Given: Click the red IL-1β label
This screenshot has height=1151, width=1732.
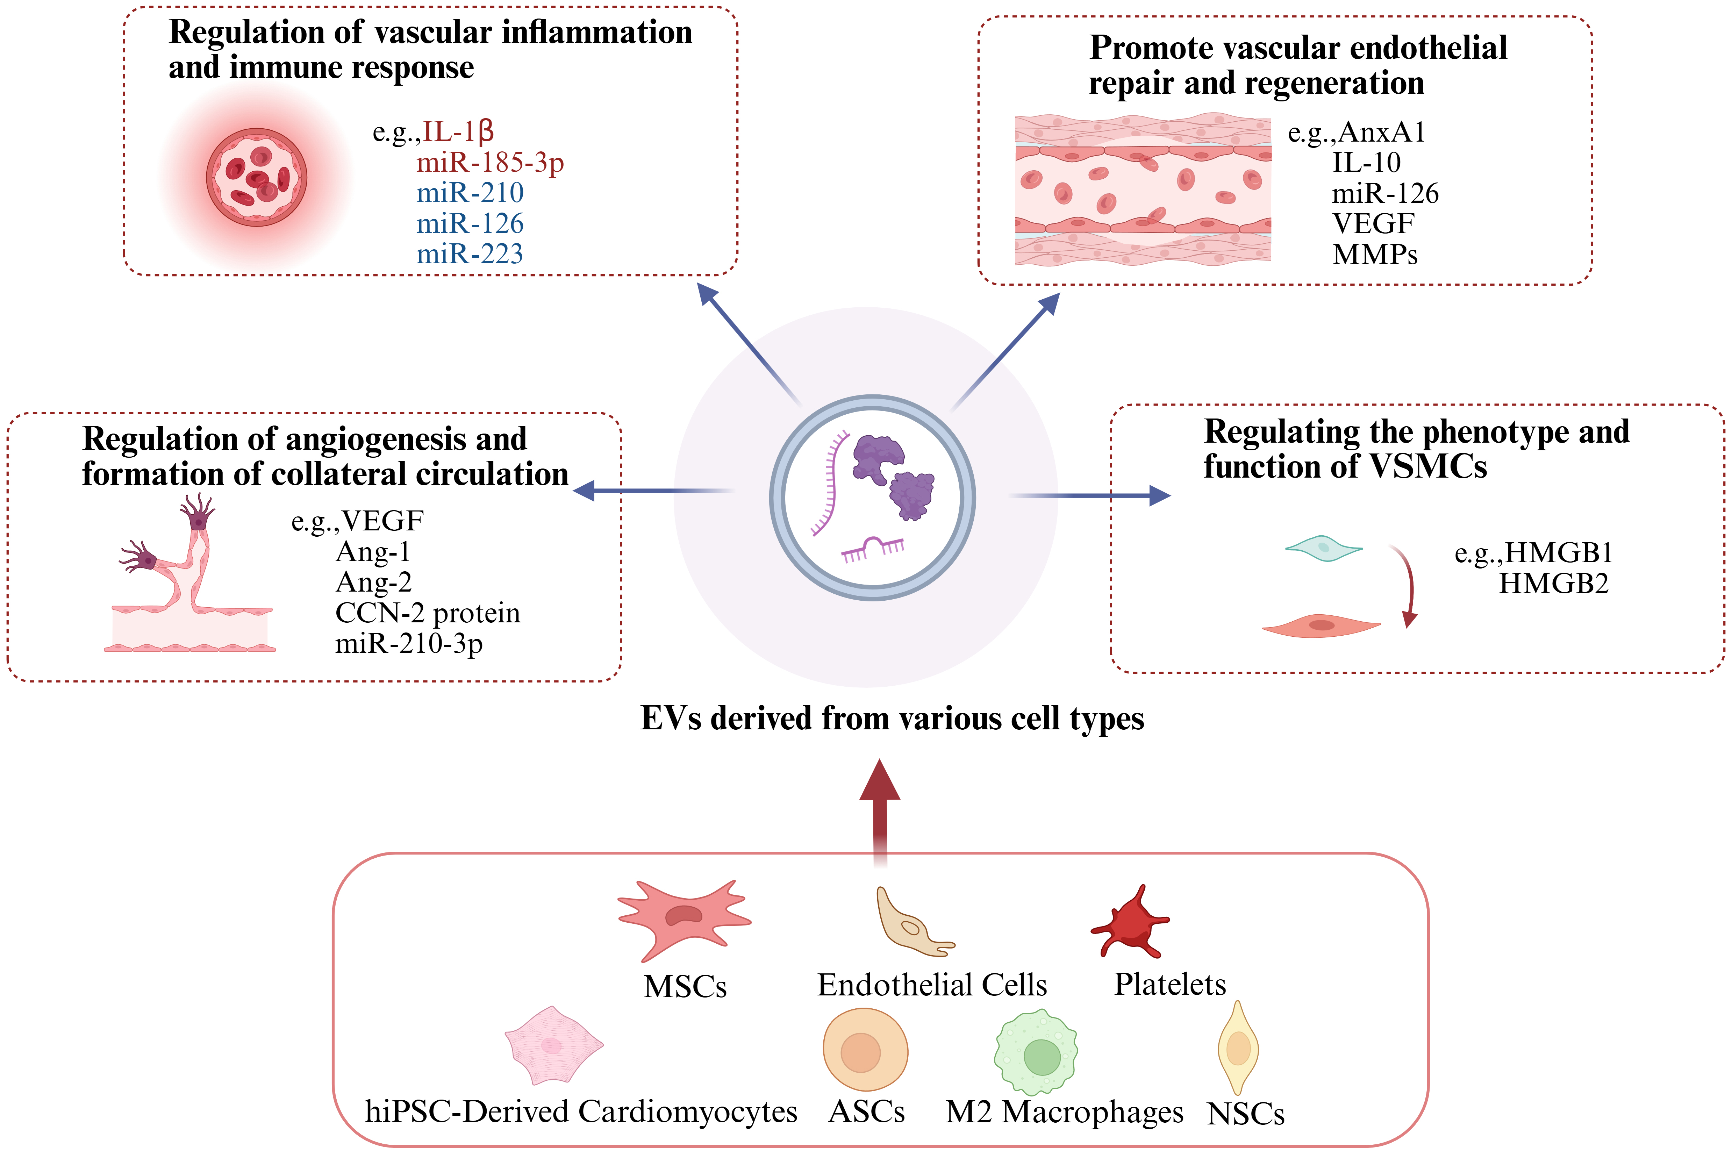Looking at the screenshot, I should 458,132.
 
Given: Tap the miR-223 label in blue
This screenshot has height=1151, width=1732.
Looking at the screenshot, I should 470,254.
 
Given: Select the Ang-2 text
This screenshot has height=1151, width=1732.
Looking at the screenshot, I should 373,582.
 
